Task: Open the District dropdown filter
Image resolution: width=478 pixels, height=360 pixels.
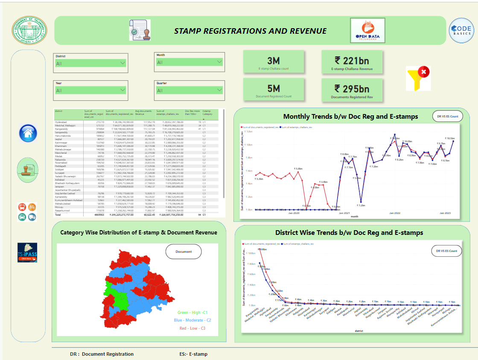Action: pos(90,63)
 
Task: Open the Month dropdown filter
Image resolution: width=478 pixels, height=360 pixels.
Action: pos(189,62)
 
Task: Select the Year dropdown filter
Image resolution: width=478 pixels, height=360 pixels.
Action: pos(90,90)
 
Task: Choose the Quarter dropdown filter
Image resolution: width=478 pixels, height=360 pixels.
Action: pos(189,90)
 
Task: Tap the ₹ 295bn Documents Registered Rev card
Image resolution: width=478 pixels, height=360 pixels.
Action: pos(352,91)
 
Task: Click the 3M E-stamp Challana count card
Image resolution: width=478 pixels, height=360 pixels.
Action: pos(274,62)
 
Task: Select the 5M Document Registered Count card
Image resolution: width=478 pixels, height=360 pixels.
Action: pos(274,91)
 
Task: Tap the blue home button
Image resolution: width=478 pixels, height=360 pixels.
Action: pos(28,134)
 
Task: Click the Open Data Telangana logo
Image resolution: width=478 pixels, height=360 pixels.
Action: pos(367,31)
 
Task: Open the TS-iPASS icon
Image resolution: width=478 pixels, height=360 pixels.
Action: pos(27,252)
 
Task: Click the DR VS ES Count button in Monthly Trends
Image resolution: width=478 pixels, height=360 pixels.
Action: pos(445,116)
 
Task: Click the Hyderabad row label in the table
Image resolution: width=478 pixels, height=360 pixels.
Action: pos(61,122)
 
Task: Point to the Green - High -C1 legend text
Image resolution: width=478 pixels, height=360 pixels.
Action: pos(192,313)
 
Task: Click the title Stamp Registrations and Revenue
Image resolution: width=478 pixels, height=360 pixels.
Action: pos(250,31)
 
